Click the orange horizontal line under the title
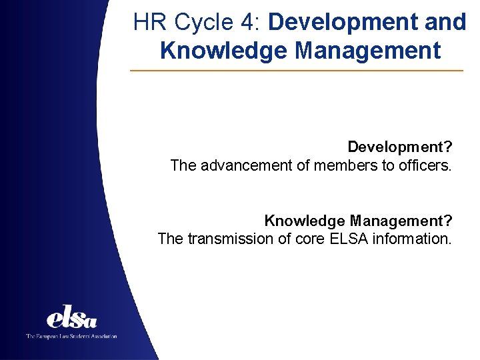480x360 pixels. (x=297, y=71)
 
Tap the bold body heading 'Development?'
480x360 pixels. (x=399, y=147)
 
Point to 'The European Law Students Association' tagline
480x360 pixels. (x=71, y=336)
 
